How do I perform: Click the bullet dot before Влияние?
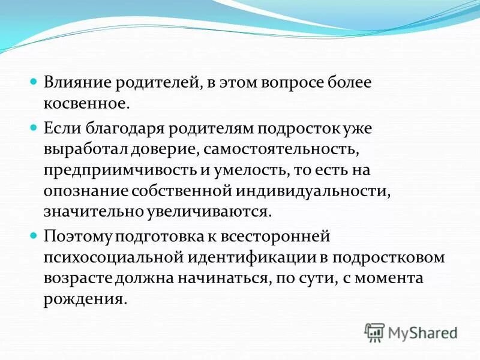[34, 80]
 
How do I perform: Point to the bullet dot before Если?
[34, 127]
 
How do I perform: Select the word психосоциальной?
[112, 258]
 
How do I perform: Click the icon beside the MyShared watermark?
[374, 332]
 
